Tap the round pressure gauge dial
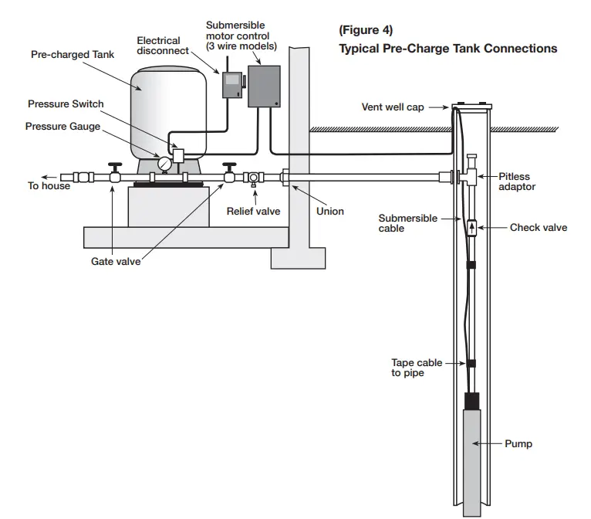tap(164, 164)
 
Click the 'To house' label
tap(49, 186)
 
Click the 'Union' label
tap(330, 211)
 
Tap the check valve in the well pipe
tap(471, 227)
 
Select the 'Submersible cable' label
tap(407, 223)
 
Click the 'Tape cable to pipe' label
tap(417, 368)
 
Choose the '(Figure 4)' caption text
tap(366, 30)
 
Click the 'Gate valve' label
tap(116, 262)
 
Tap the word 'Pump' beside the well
tap(518, 444)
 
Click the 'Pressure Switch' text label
tap(66, 104)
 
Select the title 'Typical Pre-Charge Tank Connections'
tap(447, 49)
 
